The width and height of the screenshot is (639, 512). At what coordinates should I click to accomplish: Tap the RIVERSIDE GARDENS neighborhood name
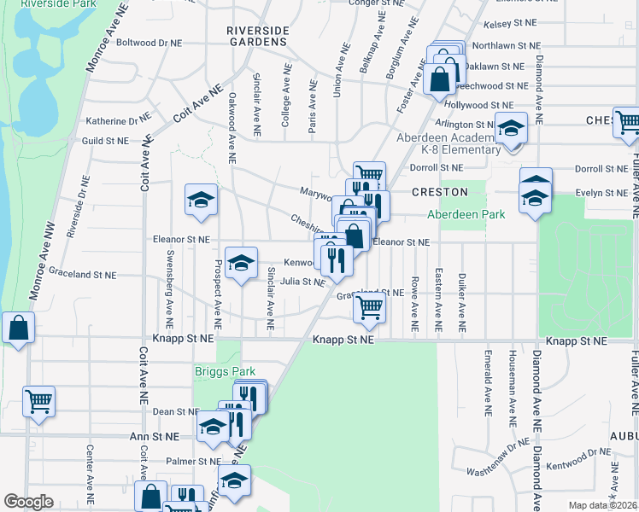(255, 35)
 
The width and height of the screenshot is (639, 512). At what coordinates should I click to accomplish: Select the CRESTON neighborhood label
(440, 192)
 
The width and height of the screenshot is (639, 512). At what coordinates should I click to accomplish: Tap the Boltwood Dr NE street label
(149, 42)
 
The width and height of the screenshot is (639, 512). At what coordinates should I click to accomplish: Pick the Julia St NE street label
(302, 282)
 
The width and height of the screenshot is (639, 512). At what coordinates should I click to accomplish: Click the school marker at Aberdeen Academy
(512, 129)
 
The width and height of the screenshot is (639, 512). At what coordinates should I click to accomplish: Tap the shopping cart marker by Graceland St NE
(369, 307)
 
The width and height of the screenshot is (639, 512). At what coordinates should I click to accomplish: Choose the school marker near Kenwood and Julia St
(241, 262)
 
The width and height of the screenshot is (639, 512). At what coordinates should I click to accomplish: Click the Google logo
(28, 502)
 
